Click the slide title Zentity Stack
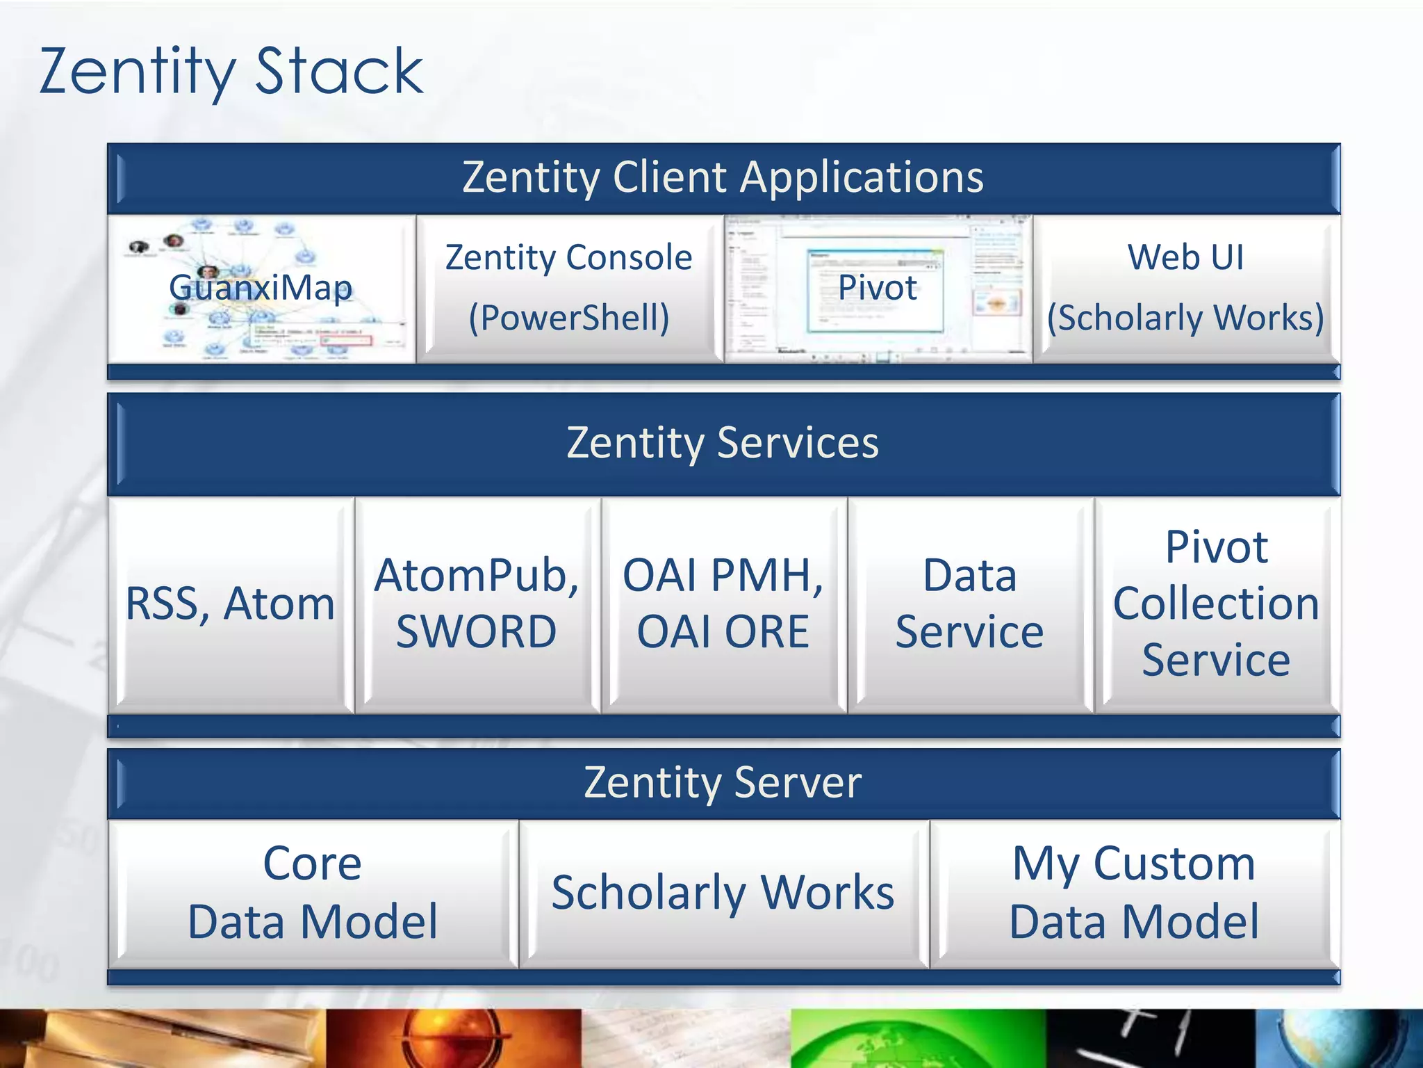[231, 72]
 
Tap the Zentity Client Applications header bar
[723, 177]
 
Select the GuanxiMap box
[261, 288]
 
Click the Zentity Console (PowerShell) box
[569, 288]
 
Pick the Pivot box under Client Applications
[877, 288]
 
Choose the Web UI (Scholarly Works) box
[1185, 288]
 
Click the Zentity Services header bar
[723, 443]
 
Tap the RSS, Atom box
[231, 604]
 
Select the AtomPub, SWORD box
[477, 604]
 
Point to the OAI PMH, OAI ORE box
[723, 604]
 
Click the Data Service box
[969, 604]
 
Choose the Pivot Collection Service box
[1216, 604]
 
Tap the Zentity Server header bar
[723, 783]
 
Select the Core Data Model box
[313, 893]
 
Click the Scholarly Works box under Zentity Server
[723, 893]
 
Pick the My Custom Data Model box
[1134, 893]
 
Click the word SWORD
[477, 632]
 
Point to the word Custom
[1174, 864]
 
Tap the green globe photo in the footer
[917, 1039]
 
